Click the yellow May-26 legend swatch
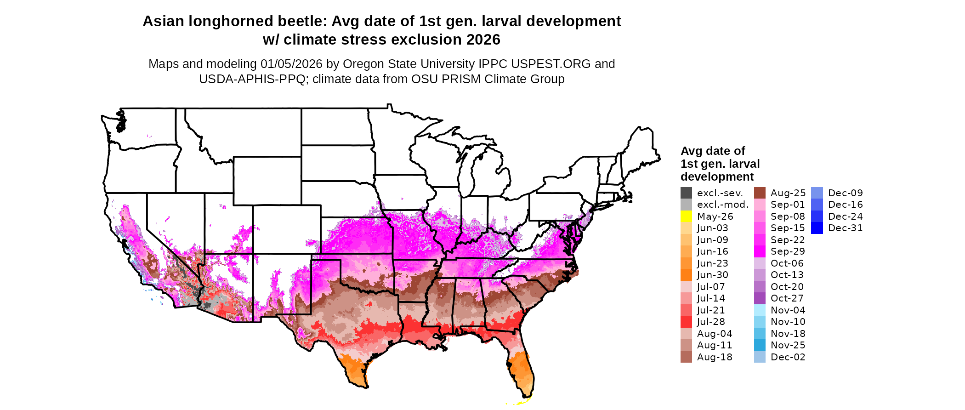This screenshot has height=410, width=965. click(x=686, y=216)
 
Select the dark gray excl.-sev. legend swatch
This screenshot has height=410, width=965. click(x=686, y=193)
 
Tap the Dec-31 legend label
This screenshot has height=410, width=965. click(x=845, y=228)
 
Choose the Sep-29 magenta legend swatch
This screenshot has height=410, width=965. click(x=760, y=251)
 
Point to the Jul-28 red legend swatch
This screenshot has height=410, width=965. click(x=686, y=322)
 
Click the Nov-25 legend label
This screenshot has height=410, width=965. click(x=788, y=345)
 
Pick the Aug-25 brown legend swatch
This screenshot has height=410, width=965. click(x=760, y=193)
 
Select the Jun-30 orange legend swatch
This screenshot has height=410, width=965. click(x=686, y=275)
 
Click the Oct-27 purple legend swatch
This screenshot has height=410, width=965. click(x=760, y=298)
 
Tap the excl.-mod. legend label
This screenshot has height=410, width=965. click(x=722, y=205)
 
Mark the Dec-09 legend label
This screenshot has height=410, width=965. click(x=845, y=193)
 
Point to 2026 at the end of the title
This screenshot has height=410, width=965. click(x=483, y=40)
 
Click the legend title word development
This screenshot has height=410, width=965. click(x=717, y=177)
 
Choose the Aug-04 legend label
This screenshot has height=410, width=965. click(x=714, y=334)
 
